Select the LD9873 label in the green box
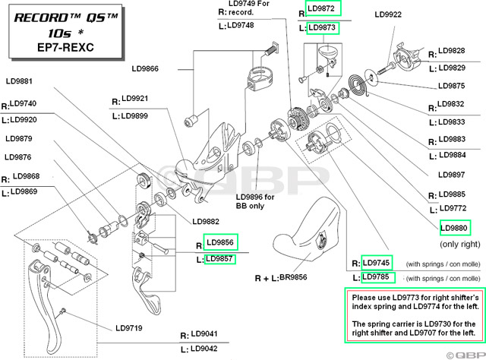click(323, 28)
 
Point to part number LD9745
click(377, 262)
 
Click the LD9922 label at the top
click(388, 14)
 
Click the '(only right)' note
click(459, 245)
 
